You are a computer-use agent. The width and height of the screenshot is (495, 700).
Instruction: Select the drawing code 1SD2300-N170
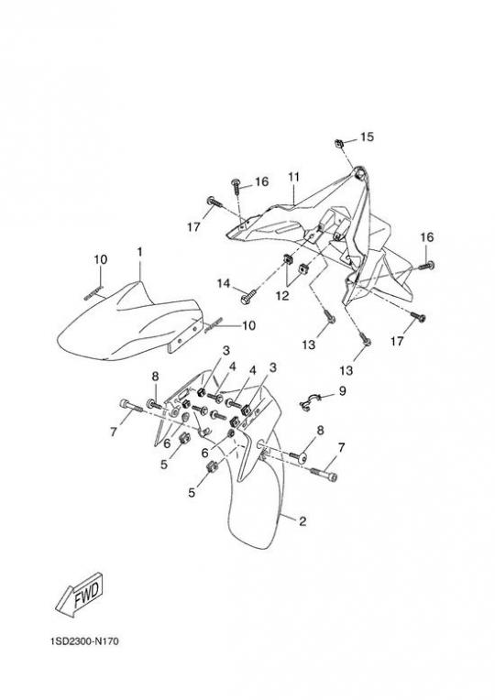pyautogui.click(x=85, y=641)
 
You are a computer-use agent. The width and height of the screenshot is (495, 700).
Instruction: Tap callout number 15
pyautogui.click(x=367, y=137)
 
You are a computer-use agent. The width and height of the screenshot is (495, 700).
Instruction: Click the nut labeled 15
pyautogui.click(x=338, y=144)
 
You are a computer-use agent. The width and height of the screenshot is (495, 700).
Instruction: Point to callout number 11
pyautogui.click(x=293, y=177)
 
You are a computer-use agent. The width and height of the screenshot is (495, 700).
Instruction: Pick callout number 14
pyautogui.click(x=224, y=283)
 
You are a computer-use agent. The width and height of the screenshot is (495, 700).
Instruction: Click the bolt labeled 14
pyautogui.click(x=248, y=297)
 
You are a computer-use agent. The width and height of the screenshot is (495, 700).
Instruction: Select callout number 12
pyautogui.click(x=282, y=296)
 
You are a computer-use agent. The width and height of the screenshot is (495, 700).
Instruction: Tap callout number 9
pyautogui.click(x=342, y=391)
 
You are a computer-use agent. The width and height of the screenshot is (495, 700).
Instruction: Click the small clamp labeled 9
pyautogui.click(x=307, y=401)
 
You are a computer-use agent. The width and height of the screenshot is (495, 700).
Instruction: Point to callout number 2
pyautogui.click(x=302, y=521)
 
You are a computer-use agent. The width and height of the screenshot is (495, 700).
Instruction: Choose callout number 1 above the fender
pyautogui.click(x=140, y=252)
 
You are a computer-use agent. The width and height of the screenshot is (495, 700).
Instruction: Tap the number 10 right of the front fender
pyautogui.click(x=248, y=325)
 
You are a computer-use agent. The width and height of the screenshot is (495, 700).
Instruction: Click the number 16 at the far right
pyautogui.click(x=427, y=237)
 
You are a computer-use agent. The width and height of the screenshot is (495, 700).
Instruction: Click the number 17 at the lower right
pyautogui.click(x=397, y=341)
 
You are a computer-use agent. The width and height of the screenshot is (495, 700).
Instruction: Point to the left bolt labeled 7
pyautogui.click(x=130, y=406)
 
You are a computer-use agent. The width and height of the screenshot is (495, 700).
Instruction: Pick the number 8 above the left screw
pyautogui.click(x=155, y=377)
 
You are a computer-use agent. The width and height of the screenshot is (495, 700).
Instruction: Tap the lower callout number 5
pyautogui.click(x=192, y=492)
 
